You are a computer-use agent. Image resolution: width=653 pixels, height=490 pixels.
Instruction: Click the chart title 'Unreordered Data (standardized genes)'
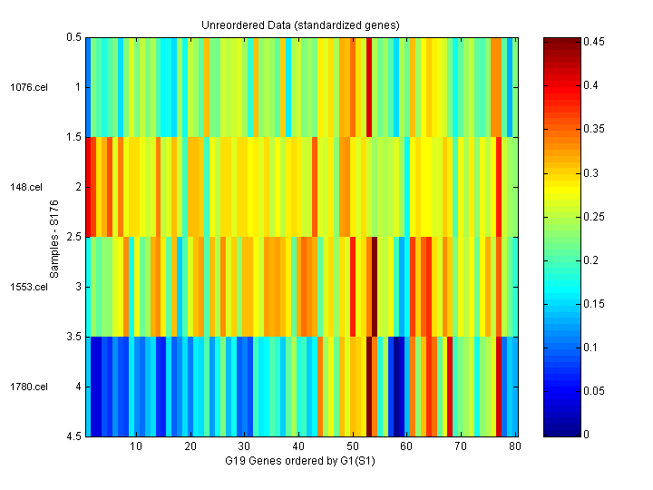(x=300, y=24)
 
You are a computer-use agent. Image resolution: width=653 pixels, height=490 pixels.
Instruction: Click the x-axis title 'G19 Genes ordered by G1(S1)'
(x=300, y=461)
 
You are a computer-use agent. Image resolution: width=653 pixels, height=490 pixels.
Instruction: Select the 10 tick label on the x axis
(x=136, y=447)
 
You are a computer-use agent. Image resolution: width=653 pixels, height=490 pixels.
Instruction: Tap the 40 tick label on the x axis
(x=298, y=447)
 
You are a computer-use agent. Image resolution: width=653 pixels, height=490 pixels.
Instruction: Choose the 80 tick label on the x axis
(x=515, y=447)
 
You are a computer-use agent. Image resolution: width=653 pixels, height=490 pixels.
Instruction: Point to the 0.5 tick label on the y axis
(x=73, y=38)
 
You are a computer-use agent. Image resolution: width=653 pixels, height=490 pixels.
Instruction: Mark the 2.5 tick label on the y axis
(x=73, y=238)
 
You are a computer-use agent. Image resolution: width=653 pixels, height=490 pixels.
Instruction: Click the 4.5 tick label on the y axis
(x=73, y=437)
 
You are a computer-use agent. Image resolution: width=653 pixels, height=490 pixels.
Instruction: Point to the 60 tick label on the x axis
(x=407, y=447)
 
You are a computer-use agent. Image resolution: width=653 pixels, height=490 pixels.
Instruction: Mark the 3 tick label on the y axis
(x=78, y=287)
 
